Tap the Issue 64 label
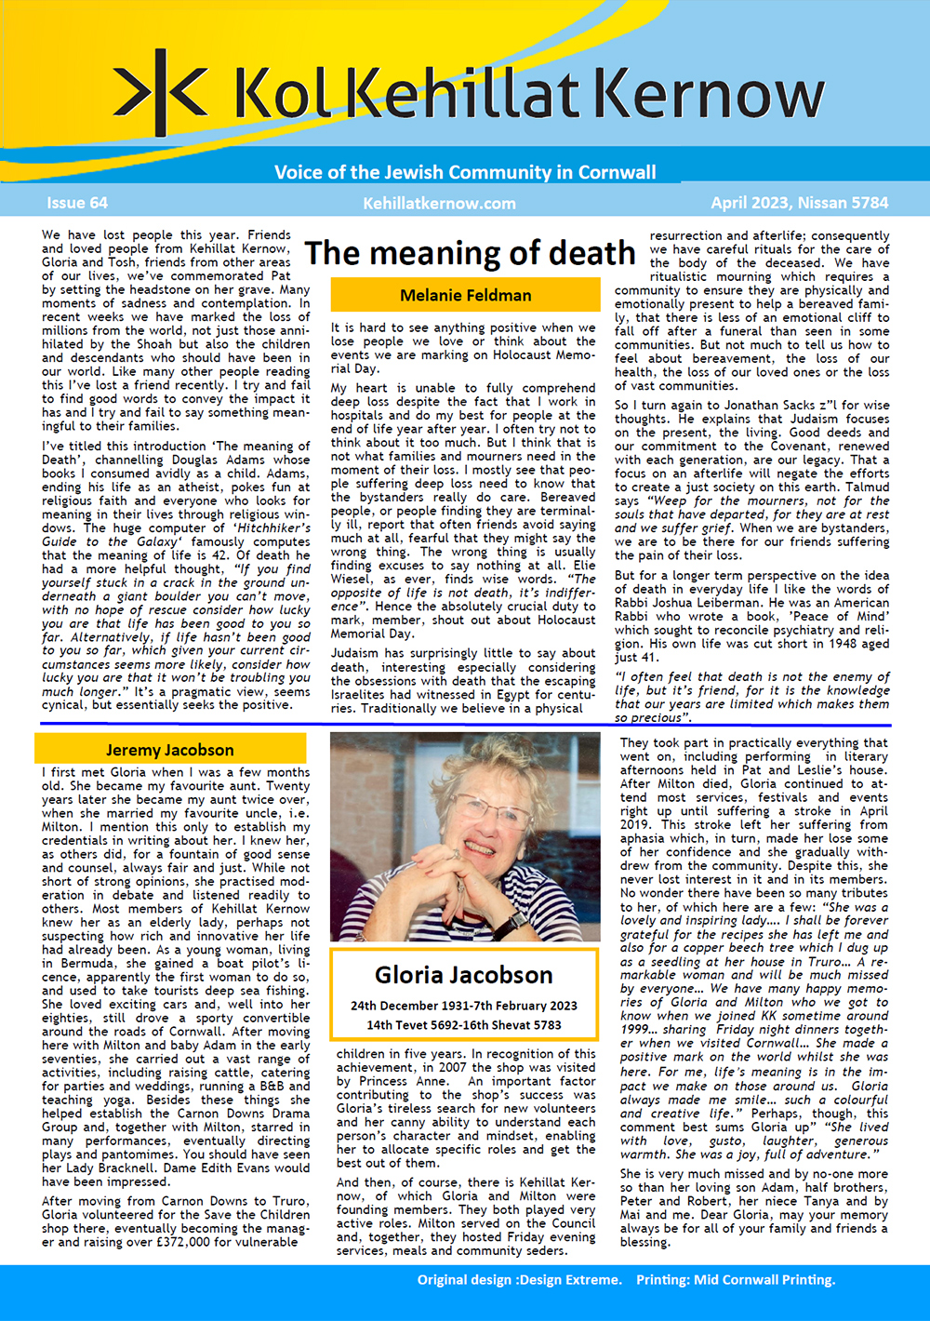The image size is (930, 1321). point(77,203)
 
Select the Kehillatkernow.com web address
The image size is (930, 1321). point(439,203)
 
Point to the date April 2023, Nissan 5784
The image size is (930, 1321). point(799,203)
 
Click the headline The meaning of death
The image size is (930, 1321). point(470,253)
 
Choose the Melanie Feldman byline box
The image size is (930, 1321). point(465,295)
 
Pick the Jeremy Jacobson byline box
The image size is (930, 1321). point(170,749)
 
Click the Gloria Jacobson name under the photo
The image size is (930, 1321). point(463,975)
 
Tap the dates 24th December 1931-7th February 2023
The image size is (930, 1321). point(463,1006)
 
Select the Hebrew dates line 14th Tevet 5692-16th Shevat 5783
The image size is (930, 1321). point(463,1025)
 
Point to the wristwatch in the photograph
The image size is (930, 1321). point(510,923)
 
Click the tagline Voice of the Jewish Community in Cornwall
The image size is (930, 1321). point(465,172)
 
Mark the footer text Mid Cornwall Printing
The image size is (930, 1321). point(764,1279)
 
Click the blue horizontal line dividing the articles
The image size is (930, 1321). point(465,725)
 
